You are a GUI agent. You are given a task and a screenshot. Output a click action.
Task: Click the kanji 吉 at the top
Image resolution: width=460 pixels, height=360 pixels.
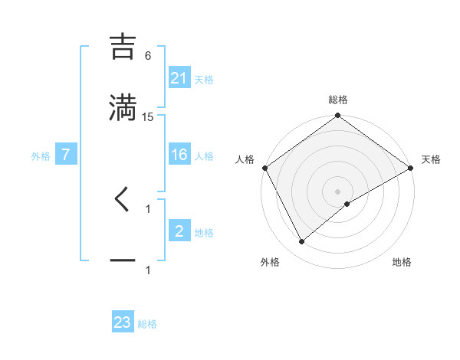point(123,47)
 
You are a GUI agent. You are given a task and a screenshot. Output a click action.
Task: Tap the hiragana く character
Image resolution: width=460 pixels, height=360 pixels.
point(123,198)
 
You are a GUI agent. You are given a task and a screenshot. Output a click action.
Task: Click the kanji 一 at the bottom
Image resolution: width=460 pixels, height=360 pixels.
point(123,260)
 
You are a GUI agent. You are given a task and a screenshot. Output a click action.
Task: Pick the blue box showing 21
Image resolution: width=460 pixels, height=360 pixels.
point(179,77)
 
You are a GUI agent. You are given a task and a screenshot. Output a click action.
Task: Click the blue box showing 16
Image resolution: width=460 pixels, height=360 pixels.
point(179,155)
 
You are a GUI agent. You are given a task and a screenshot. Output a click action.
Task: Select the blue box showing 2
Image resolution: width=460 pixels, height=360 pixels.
point(179,231)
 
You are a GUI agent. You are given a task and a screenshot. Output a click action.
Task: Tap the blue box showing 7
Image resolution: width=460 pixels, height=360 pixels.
point(66,155)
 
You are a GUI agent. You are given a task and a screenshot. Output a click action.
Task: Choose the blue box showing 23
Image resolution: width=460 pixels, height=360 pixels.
point(123,322)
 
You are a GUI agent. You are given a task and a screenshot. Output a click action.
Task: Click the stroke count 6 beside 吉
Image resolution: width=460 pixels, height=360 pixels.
point(148,55)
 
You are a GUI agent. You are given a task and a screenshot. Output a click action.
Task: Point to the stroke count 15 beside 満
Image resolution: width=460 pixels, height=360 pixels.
point(148,116)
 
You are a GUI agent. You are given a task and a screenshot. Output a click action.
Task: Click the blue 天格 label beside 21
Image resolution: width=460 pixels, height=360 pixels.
point(204,79)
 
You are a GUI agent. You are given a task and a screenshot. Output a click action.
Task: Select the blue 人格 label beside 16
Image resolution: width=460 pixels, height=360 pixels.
point(204,155)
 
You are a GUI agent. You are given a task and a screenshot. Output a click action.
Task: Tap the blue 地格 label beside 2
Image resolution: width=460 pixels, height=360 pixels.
point(204,232)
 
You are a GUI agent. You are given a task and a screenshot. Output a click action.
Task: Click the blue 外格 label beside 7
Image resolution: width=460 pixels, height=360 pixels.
point(41,155)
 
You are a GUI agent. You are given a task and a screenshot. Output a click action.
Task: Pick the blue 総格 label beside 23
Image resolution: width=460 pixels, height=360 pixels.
point(147,324)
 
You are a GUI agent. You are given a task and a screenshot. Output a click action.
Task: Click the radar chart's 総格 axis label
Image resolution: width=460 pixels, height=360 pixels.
point(338,100)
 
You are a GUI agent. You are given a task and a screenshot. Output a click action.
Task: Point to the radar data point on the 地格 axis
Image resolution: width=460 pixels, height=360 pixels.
point(347,204)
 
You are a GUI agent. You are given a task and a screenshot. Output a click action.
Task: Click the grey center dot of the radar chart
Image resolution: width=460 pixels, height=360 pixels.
point(338,191)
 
